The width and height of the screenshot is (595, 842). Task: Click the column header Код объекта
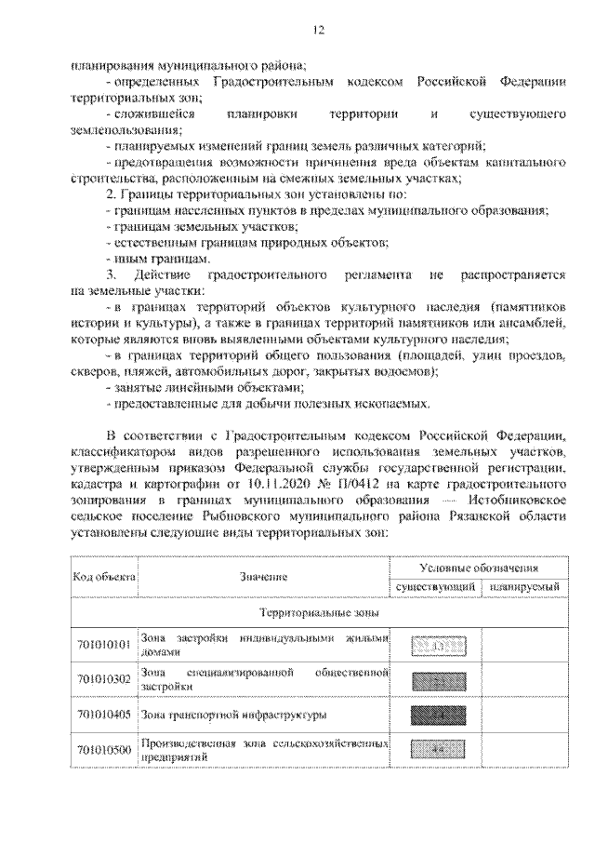[103, 577]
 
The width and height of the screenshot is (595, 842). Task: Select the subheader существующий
[435, 588]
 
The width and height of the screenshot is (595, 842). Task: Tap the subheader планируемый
[525, 588]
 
